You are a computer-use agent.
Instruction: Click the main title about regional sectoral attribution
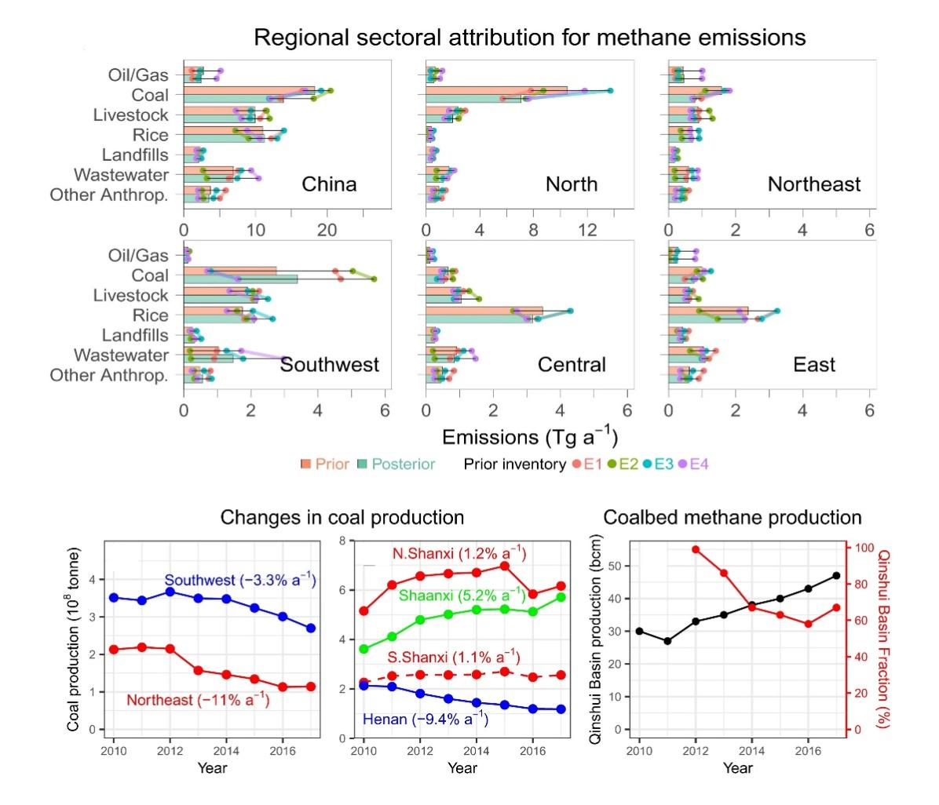tap(530, 37)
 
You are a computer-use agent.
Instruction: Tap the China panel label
tap(329, 184)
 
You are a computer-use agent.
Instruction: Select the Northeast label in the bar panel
tap(814, 184)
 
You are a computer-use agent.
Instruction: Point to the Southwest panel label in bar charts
tap(330, 365)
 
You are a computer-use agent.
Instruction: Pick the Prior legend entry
tap(325, 464)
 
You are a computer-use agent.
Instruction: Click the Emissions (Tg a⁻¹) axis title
tap(530, 436)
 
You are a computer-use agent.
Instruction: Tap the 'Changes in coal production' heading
tap(342, 518)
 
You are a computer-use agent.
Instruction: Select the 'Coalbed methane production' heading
tap(732, 518)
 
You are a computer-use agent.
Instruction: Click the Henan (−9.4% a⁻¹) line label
tap(425, 718)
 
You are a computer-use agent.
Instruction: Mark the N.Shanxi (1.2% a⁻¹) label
tap(459, 554)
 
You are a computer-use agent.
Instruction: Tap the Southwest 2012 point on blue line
tap(169, 592)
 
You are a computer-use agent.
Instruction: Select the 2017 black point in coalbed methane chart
tap(836, 576)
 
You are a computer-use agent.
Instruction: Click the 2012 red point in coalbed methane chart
tap(696, 549)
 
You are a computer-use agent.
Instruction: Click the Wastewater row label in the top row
tap(121, 175)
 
